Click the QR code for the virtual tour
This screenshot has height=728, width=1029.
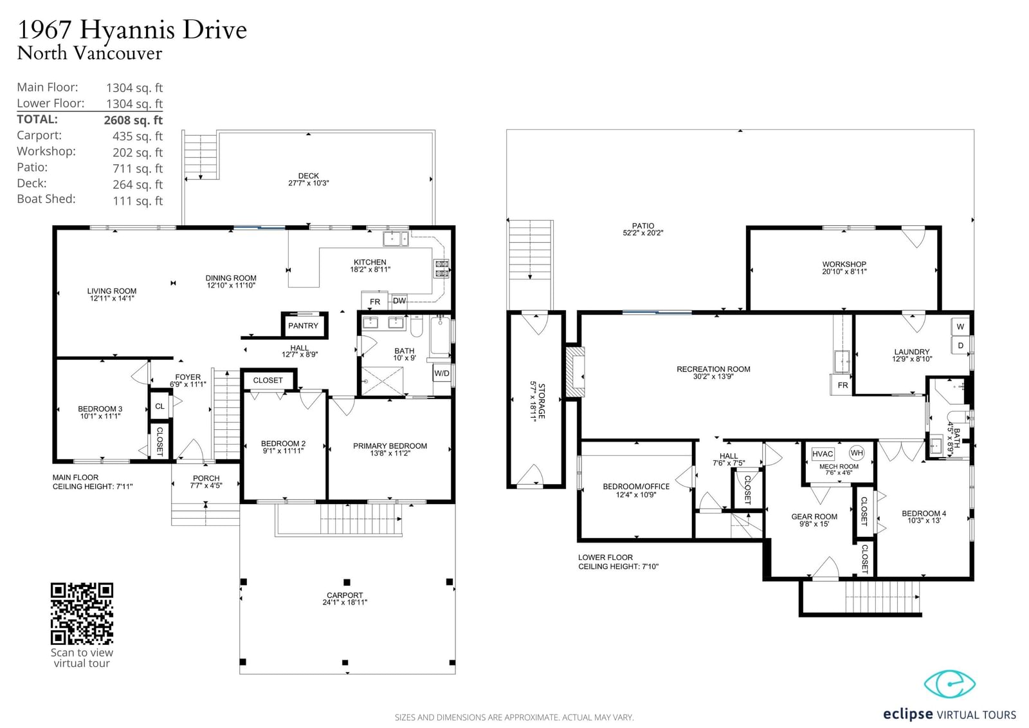point(82,613)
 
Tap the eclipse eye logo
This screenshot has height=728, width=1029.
point(949,684)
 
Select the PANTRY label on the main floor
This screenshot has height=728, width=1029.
point(303,326)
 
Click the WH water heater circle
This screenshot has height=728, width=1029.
point(857,453)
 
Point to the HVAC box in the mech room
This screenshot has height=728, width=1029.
point(823,454)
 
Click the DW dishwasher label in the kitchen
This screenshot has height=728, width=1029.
point(399,301)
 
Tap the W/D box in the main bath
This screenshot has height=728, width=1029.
point(442,373)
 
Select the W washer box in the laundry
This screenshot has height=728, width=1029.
point(960,327)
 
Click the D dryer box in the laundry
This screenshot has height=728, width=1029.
point(960,346)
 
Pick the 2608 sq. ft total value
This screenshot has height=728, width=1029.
point(133,120)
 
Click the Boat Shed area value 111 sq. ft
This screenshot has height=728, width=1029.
point(138,201)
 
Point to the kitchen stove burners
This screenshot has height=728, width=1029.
point(441,268)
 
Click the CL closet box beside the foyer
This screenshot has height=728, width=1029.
point(160,406)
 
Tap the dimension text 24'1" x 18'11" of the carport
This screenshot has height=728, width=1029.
point(345,602)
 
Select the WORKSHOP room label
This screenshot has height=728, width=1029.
point(844,265)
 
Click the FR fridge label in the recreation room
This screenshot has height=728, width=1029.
point(842,386)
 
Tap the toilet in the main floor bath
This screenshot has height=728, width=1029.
point(417,326)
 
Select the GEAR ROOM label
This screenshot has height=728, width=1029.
point(814,516)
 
